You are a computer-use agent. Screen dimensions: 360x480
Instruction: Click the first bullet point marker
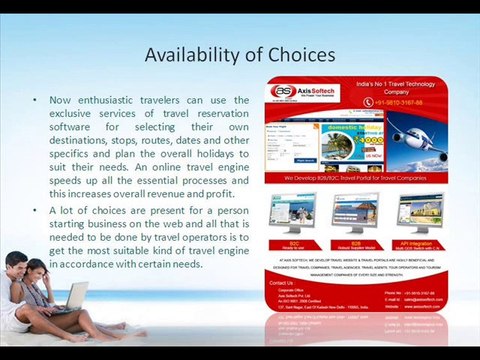36,101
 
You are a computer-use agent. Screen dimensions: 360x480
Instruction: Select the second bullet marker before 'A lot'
36,211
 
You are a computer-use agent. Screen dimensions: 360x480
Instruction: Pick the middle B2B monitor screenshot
357,214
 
